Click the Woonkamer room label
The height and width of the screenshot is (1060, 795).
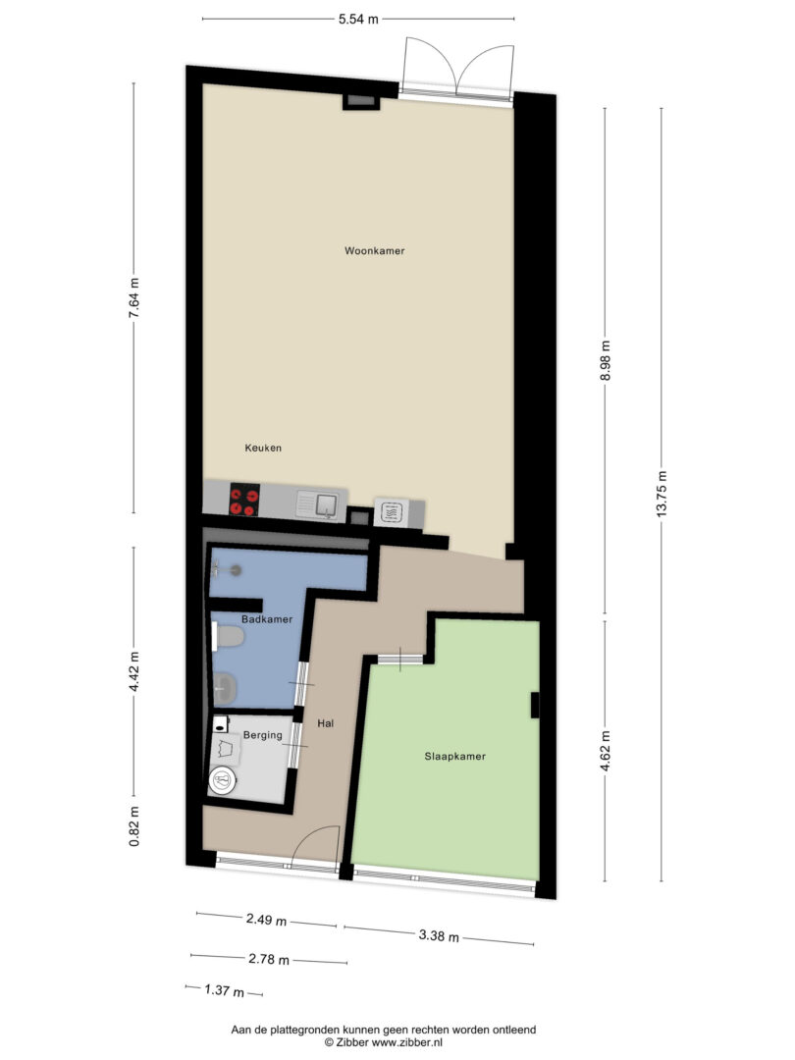pos(375,251)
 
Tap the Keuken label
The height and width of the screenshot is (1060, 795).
pos(263,448)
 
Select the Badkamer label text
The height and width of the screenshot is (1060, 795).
pos(267,619)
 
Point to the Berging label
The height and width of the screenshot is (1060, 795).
pos(262,735)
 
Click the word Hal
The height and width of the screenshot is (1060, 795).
pos(326,723)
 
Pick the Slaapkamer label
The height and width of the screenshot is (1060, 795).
pos(455,757)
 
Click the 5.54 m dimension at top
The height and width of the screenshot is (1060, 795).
pos(358,19)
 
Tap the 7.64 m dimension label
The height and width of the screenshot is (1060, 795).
pos(134,297)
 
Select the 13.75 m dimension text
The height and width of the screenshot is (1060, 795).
pos(662,494)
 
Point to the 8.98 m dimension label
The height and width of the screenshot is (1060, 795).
pos(606,360)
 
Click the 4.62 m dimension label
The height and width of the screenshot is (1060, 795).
pos(606,751)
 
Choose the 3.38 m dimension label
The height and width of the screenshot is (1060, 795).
pos(439,935)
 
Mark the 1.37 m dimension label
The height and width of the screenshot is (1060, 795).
pos(225,991)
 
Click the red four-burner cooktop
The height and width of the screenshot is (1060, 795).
pos(244,501)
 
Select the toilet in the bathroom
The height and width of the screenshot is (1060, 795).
pos(228,638)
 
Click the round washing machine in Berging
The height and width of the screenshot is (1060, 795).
pos(222,781)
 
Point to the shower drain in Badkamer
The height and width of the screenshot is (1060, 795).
pos(236,570)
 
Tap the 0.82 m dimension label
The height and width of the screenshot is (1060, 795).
pos(134,826)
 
